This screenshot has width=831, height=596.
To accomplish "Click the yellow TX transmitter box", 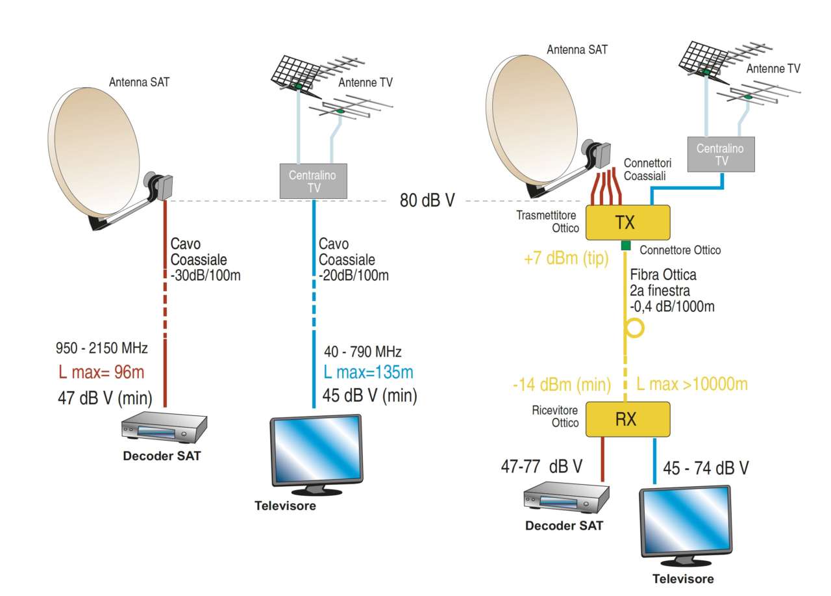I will click(627, 222).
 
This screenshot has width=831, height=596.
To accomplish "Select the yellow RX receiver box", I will click(627, 419).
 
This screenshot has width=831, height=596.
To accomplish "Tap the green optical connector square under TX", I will click(626, 246).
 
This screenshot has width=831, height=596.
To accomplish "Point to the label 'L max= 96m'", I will click(101, 372).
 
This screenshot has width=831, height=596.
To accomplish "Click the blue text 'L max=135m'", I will click(368, 373).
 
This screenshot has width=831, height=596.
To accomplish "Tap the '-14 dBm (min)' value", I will click(561, 385).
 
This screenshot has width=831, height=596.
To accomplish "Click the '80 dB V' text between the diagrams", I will click(427, 200).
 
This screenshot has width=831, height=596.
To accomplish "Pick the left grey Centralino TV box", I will click(314, 180).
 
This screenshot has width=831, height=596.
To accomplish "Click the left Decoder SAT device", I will click(164, 428).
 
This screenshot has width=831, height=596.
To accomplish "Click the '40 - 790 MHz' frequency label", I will click(362, 352).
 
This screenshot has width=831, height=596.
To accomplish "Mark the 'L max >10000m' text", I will click(692, 384).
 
